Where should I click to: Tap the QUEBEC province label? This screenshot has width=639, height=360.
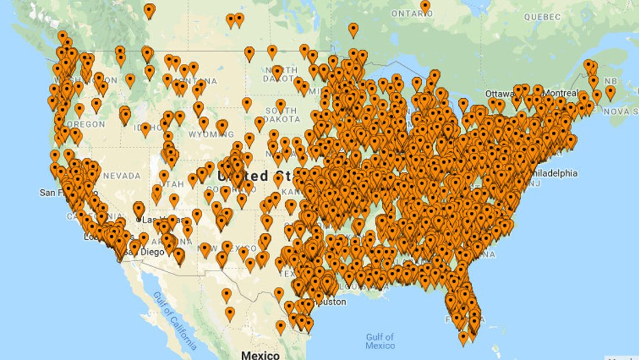coord(542,17)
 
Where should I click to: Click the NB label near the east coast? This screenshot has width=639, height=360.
coord(611,81)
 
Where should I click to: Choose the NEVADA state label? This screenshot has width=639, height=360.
coord(121,175)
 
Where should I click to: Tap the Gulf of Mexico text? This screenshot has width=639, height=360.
coord(380,341)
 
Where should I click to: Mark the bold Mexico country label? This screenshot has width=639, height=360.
coord(260,355)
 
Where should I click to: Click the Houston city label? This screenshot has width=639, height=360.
coord(330,302)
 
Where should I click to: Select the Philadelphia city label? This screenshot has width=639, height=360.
coord(552,173)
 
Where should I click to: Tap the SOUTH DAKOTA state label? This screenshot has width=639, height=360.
coord(281,116)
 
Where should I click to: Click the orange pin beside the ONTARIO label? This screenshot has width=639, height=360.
coord(426,6)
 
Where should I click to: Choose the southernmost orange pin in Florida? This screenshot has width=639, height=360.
coord(463,337)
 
